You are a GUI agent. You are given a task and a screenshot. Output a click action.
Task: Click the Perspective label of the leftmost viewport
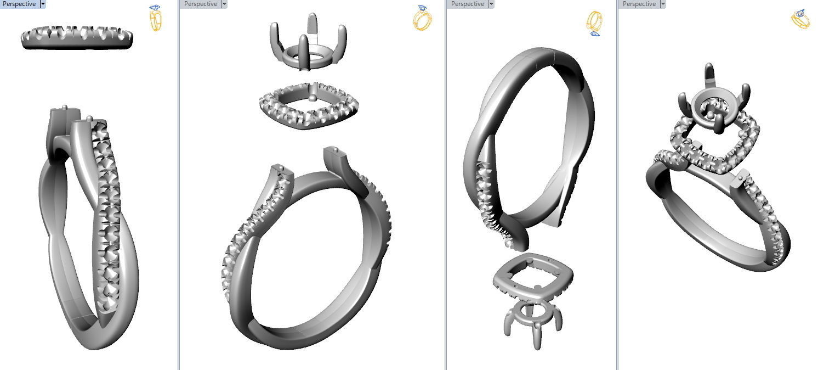coord(19,4)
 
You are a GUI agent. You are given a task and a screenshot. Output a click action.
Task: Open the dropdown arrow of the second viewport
coord(224,4)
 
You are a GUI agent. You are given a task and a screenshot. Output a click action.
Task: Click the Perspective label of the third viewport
coord(468,4)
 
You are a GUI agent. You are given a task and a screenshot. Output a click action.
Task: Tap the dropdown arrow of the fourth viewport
coord(663,4)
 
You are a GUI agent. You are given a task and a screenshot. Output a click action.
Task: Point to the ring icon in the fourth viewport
coord(802,18)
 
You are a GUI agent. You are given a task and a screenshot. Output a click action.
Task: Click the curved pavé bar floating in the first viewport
coord(77,38)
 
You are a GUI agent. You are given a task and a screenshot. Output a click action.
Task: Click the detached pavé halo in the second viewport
coord(308,104)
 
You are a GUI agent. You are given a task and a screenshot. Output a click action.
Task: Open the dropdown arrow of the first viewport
coord(43,4)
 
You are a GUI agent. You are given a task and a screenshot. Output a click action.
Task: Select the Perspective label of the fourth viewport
coord(639,4)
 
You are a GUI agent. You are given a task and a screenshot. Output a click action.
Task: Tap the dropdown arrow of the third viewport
coord(491,4)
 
